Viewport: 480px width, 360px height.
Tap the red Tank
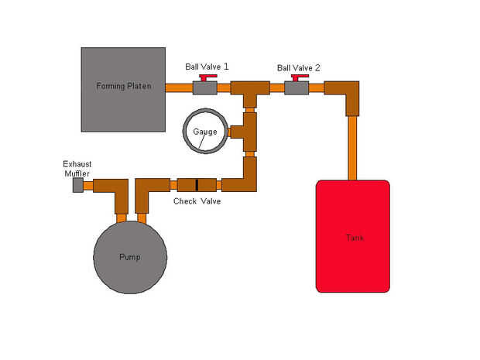click(x=352, y=236)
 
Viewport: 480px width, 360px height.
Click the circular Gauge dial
click(x=205, y=131)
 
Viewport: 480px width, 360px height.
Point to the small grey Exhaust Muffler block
click(x=77, y=186)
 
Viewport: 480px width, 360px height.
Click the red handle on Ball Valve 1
click(x=206, y=77)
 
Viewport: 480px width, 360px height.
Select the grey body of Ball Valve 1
click(x=204, y=88)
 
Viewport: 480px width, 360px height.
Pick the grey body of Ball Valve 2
click(x=297, y=88)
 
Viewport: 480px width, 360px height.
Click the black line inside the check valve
click(x=197, y=185)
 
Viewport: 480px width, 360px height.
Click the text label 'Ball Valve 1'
click(x=207, y=67)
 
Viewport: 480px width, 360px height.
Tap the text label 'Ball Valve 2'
click(x=299, y=67)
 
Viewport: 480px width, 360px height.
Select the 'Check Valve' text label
click(x=197, y=201)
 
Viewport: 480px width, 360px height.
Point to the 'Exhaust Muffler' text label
click(x=77, y=169)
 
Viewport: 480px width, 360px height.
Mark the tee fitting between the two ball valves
click(x=249, y=92)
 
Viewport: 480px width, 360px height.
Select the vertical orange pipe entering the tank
click(x=352, y=147)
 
